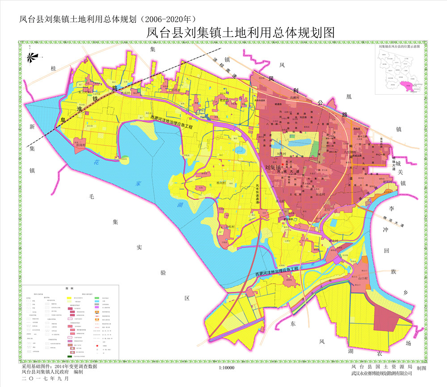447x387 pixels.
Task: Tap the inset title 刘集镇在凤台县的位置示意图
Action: click(x=399, y=46)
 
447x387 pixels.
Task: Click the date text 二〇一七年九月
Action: click(x=46, y=378)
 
